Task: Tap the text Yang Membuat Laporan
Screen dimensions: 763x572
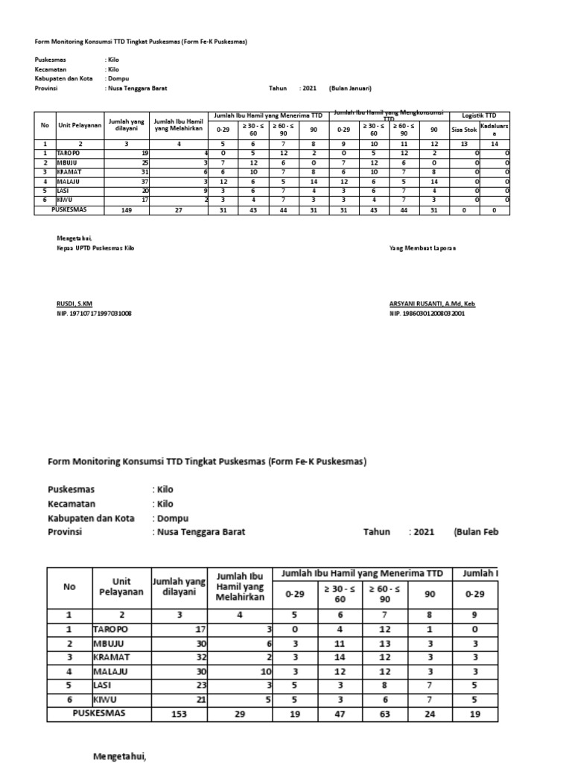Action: coord(422,247)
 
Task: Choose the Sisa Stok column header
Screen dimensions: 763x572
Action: coord(464,129)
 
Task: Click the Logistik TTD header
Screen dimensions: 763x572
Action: coord(480,115)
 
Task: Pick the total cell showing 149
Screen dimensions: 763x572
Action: coord(126,211)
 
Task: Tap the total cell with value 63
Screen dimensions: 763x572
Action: coord(385,713)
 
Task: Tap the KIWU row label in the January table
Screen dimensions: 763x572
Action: coord(65,200)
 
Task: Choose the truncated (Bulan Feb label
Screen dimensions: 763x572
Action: coord(476,533)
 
